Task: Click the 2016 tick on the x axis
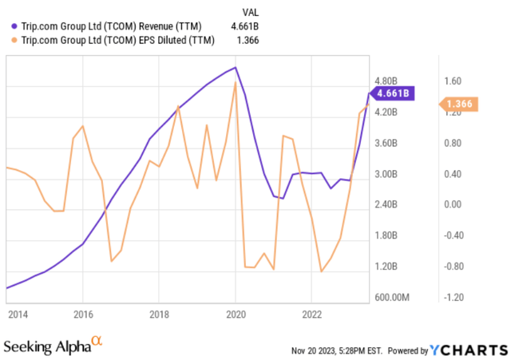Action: (x=83, y=315)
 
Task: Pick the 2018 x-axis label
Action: (x=160, y=315)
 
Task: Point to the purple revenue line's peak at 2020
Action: (x=235, y=67)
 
